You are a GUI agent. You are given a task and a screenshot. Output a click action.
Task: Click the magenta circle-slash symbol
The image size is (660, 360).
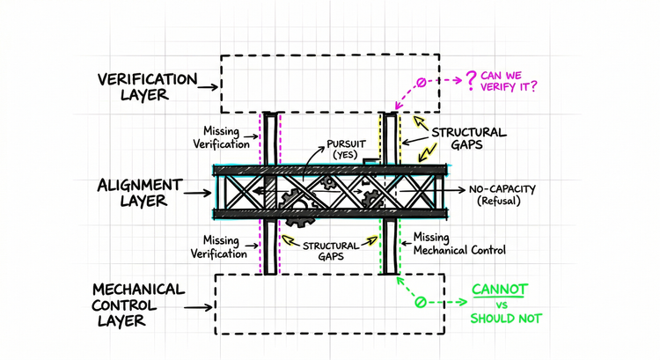(422, 84)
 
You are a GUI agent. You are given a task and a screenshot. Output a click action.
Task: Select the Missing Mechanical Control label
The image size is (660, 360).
(459, 244)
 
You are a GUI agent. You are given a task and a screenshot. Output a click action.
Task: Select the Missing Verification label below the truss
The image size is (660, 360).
(219, 247)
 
